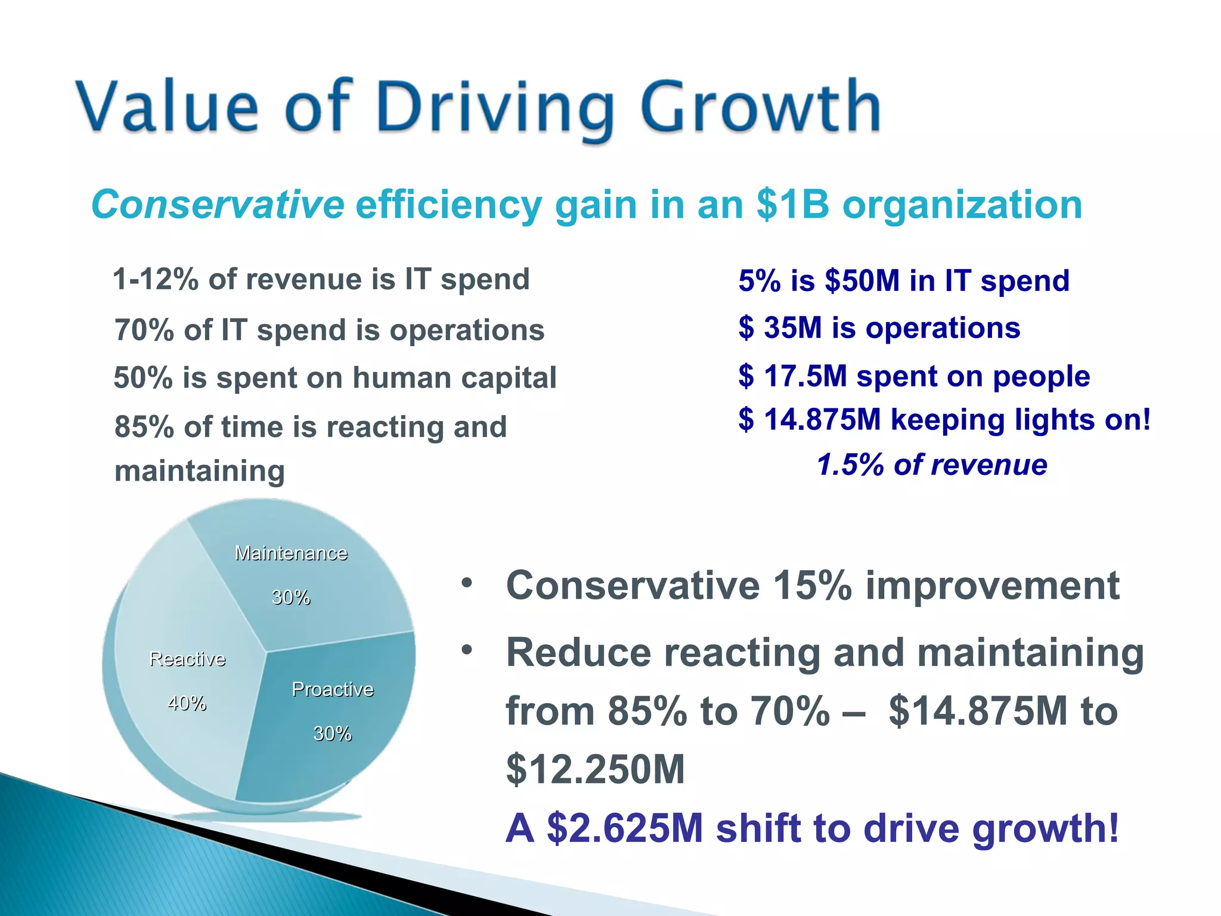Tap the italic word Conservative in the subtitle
pos(218,205)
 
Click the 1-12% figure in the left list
pos(156,280)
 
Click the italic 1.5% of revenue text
pos(931,465)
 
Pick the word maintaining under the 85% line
pos(200,471)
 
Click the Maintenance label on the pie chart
pos(291,553)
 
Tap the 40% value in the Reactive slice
pos(187,704)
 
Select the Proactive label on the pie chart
pos(332,689)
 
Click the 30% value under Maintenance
pos(291,597)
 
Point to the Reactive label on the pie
pos(187,659)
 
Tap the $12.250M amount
pos(595,769)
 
